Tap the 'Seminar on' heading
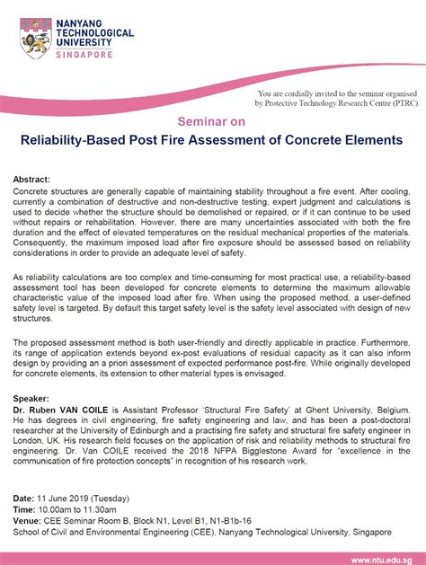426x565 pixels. tap(212, 122)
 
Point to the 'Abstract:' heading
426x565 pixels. tap(33, 180)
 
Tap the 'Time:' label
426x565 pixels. tap(26, 508)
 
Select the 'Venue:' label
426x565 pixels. tap(30, 518)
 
